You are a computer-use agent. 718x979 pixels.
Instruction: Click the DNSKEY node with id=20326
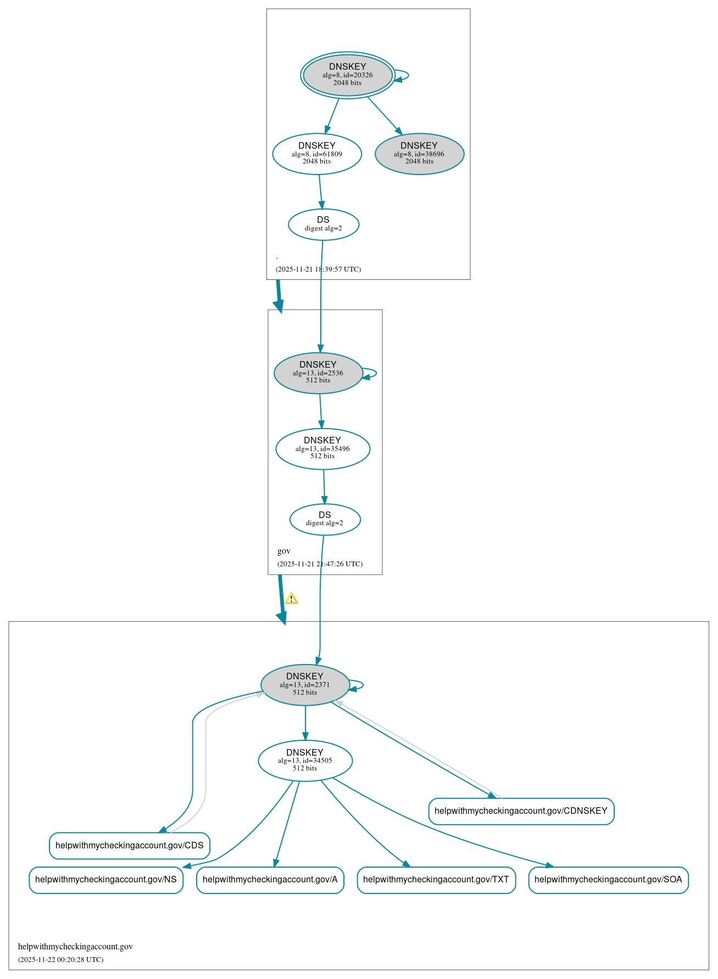click(x=347, y=75)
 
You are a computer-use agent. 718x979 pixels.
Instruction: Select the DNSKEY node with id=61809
click(x=317, y=154)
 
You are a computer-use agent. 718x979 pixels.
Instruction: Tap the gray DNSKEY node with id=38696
click(x=419, y=154)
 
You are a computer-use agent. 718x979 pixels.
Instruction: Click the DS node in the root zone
click(x=323, y=224)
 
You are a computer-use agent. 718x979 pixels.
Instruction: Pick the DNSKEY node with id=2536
click(x=318, y=373)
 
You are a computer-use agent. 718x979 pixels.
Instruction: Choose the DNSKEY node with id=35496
click(x=322, y=449)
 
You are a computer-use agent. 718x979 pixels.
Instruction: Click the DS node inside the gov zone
click(x=325, y=519)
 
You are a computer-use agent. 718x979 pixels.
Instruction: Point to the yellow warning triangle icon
click(x=291, y=599)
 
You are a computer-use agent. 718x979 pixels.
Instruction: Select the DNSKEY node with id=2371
click(x=305, y=685)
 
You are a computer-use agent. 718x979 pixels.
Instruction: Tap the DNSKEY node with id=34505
click(x=305, y=761)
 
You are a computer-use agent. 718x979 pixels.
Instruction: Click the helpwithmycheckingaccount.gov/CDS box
click(x=130, y=846)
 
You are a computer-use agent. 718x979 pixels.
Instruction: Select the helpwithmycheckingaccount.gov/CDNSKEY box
click(x=521, y=811)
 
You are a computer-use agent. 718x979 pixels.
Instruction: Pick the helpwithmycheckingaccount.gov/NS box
click(x=106, y=880)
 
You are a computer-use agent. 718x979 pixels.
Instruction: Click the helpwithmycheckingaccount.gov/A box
click(x=270, y=880)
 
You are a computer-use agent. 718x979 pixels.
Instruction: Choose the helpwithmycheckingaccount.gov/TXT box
click(x=436, y=880)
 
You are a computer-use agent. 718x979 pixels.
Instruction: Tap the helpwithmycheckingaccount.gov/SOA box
click(x=608, y=880)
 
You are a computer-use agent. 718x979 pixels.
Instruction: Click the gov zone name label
click(x=284, y=551)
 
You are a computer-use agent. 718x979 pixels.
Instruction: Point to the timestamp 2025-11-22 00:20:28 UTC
click(x=61, y=960)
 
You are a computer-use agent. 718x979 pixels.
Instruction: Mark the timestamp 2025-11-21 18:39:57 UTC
click(x=319, y=269)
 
